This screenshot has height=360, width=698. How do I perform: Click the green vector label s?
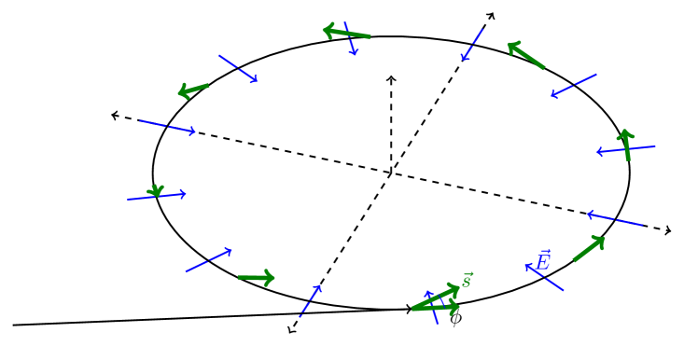point(468,280)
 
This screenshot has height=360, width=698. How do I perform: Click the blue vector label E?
point(544,260)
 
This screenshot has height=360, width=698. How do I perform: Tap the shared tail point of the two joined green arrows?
point(412,309)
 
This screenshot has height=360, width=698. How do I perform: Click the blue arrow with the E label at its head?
point(545,278)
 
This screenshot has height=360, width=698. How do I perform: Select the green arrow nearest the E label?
point(589,249)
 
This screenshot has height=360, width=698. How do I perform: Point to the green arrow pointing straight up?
point(626,145)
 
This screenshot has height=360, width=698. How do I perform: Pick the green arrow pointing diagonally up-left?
point(526,56)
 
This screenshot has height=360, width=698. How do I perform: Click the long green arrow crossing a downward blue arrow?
point(347,34)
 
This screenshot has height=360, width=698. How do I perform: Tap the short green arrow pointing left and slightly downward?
point(193,90)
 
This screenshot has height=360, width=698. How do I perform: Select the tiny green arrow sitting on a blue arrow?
point(156,191)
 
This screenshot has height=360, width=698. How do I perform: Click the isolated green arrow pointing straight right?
point(257,278)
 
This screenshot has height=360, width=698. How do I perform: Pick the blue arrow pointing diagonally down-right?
point(238,68)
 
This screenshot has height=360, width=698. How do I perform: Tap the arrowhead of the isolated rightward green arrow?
point(271,278)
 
